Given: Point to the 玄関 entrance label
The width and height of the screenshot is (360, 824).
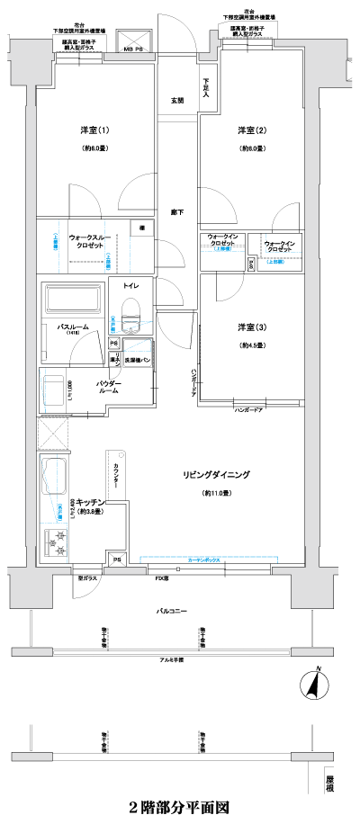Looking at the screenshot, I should tap(177, 100).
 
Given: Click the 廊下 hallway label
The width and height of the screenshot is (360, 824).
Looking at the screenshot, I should tap(177, 212).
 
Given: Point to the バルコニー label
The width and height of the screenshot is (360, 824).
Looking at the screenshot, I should tap(171, 611).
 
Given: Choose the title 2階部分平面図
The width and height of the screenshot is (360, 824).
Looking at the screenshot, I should tap(179, 808).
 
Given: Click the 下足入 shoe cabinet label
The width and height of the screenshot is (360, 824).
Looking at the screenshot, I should tap(206, 87).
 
